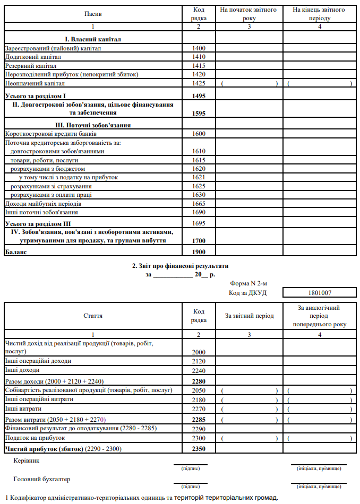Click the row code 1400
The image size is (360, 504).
(x=198, y=48)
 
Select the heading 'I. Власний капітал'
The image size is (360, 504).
(x=93, y=39)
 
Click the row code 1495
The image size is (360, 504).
(x=198, y=96)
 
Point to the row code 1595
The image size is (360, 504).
(x=198, y=113)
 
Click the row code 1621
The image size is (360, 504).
(x=198, y=177)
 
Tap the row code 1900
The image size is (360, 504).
(x=198, y=252)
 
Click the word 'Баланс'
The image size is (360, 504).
(x=16, y=252)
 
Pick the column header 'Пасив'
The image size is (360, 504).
(x=93, y=14)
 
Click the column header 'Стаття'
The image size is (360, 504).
(x=93, y=316)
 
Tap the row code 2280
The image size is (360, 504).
(x=198, y=381)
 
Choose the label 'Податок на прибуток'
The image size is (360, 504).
(x=35, y=438)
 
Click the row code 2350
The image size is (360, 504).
(x=198, y=449)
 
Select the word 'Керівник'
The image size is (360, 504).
(x=27, y=460)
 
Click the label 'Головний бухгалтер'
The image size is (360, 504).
(x=41, y=479)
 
